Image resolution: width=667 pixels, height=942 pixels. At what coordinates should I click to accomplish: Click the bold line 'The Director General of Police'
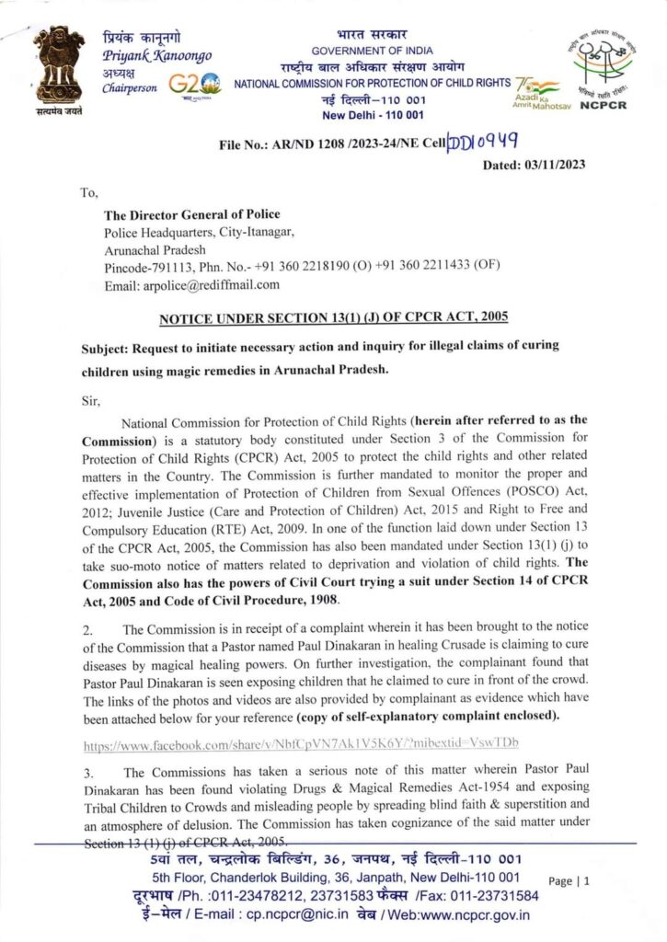pos(192,214)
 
